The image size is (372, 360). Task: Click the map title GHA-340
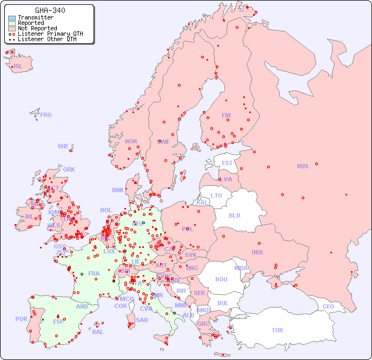click(50, 10)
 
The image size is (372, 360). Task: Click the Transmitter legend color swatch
click(12, 18)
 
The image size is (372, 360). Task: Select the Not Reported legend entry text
click(37, 29)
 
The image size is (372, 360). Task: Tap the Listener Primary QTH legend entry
click(46, 34)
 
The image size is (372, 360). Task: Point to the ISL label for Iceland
click(18, 67)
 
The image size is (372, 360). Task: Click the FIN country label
click(226, 115)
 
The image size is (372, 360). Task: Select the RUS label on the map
click(302, 166)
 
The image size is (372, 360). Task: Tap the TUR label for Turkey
click(277, 330)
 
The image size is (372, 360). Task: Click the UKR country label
click(257, 252)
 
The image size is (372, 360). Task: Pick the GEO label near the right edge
click(328, 306)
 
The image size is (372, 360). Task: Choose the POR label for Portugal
click(21, 319)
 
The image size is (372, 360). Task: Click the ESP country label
click(58, 322)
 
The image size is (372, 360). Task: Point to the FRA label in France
click(94, 273)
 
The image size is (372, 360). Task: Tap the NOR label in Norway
click(131, 141)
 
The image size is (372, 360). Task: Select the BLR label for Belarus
click(234, 215)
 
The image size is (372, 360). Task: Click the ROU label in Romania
click(221, 279)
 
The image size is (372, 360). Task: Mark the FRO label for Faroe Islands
click(46, 115)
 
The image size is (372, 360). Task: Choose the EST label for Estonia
click(227, 163)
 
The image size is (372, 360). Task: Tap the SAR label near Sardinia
click(142, 320)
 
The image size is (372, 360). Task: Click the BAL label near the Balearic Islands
click(97, 332)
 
